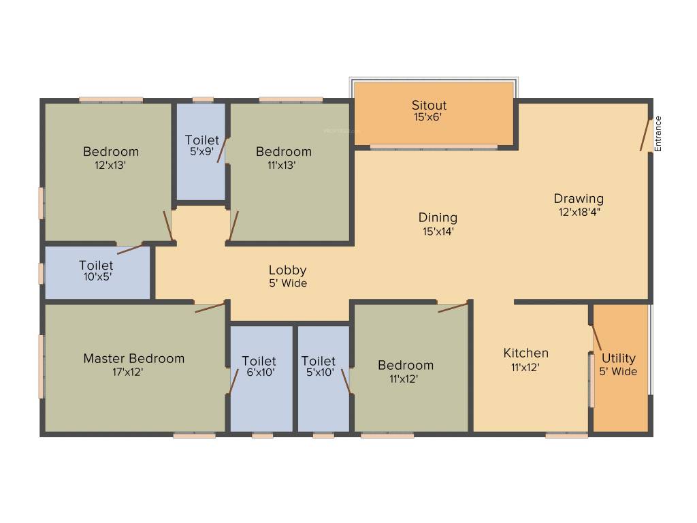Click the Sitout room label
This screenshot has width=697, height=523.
point(429,106)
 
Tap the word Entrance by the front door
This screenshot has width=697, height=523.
point(658,133)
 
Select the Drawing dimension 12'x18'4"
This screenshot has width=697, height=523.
point(579,212)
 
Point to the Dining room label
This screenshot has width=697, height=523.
point(438,218)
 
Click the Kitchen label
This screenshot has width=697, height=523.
point(525,353)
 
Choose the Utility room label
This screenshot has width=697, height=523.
point(618,358)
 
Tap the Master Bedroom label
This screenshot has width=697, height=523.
point(133,358)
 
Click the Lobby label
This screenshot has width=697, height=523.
point(287,270)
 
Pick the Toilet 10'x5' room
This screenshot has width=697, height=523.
point(96,270)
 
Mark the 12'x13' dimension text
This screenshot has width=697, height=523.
point(111,164)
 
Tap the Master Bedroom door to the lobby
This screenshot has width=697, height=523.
point(210,308)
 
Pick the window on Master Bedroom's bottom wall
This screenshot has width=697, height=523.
point(184,435)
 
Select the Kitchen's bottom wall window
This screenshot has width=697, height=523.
point(566,435)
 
